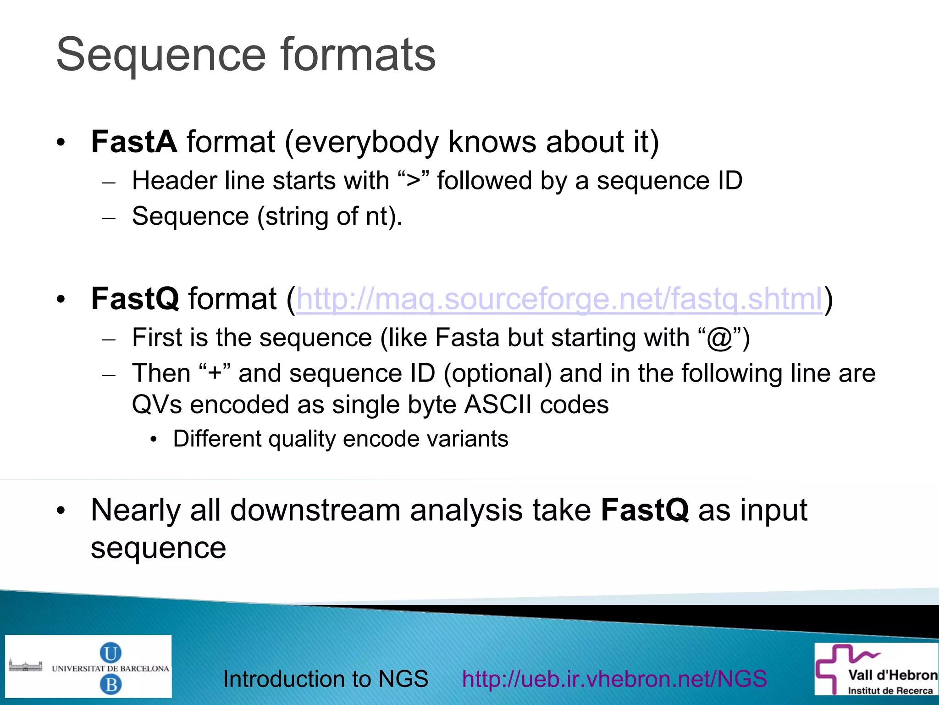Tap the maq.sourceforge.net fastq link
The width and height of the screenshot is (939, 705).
[x=559, y=299]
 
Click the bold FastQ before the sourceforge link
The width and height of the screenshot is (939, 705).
[x=135, y=299]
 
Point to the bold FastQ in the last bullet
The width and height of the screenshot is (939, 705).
[x=644, y=510]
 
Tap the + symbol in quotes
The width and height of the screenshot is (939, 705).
[x=215, y=373]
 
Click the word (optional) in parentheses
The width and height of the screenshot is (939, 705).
[x=497, y=373]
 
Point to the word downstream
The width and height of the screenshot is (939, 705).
[x=315, y=510]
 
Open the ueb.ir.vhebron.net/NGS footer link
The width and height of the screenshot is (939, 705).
[x=614, y=679]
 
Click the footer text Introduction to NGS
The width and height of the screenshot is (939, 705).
[x=326, y=679]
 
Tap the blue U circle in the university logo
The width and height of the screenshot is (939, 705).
[x=110, y=653]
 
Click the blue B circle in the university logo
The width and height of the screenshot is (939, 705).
[x=110, y=685]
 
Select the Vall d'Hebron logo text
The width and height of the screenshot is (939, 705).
[x=892, y=675]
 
